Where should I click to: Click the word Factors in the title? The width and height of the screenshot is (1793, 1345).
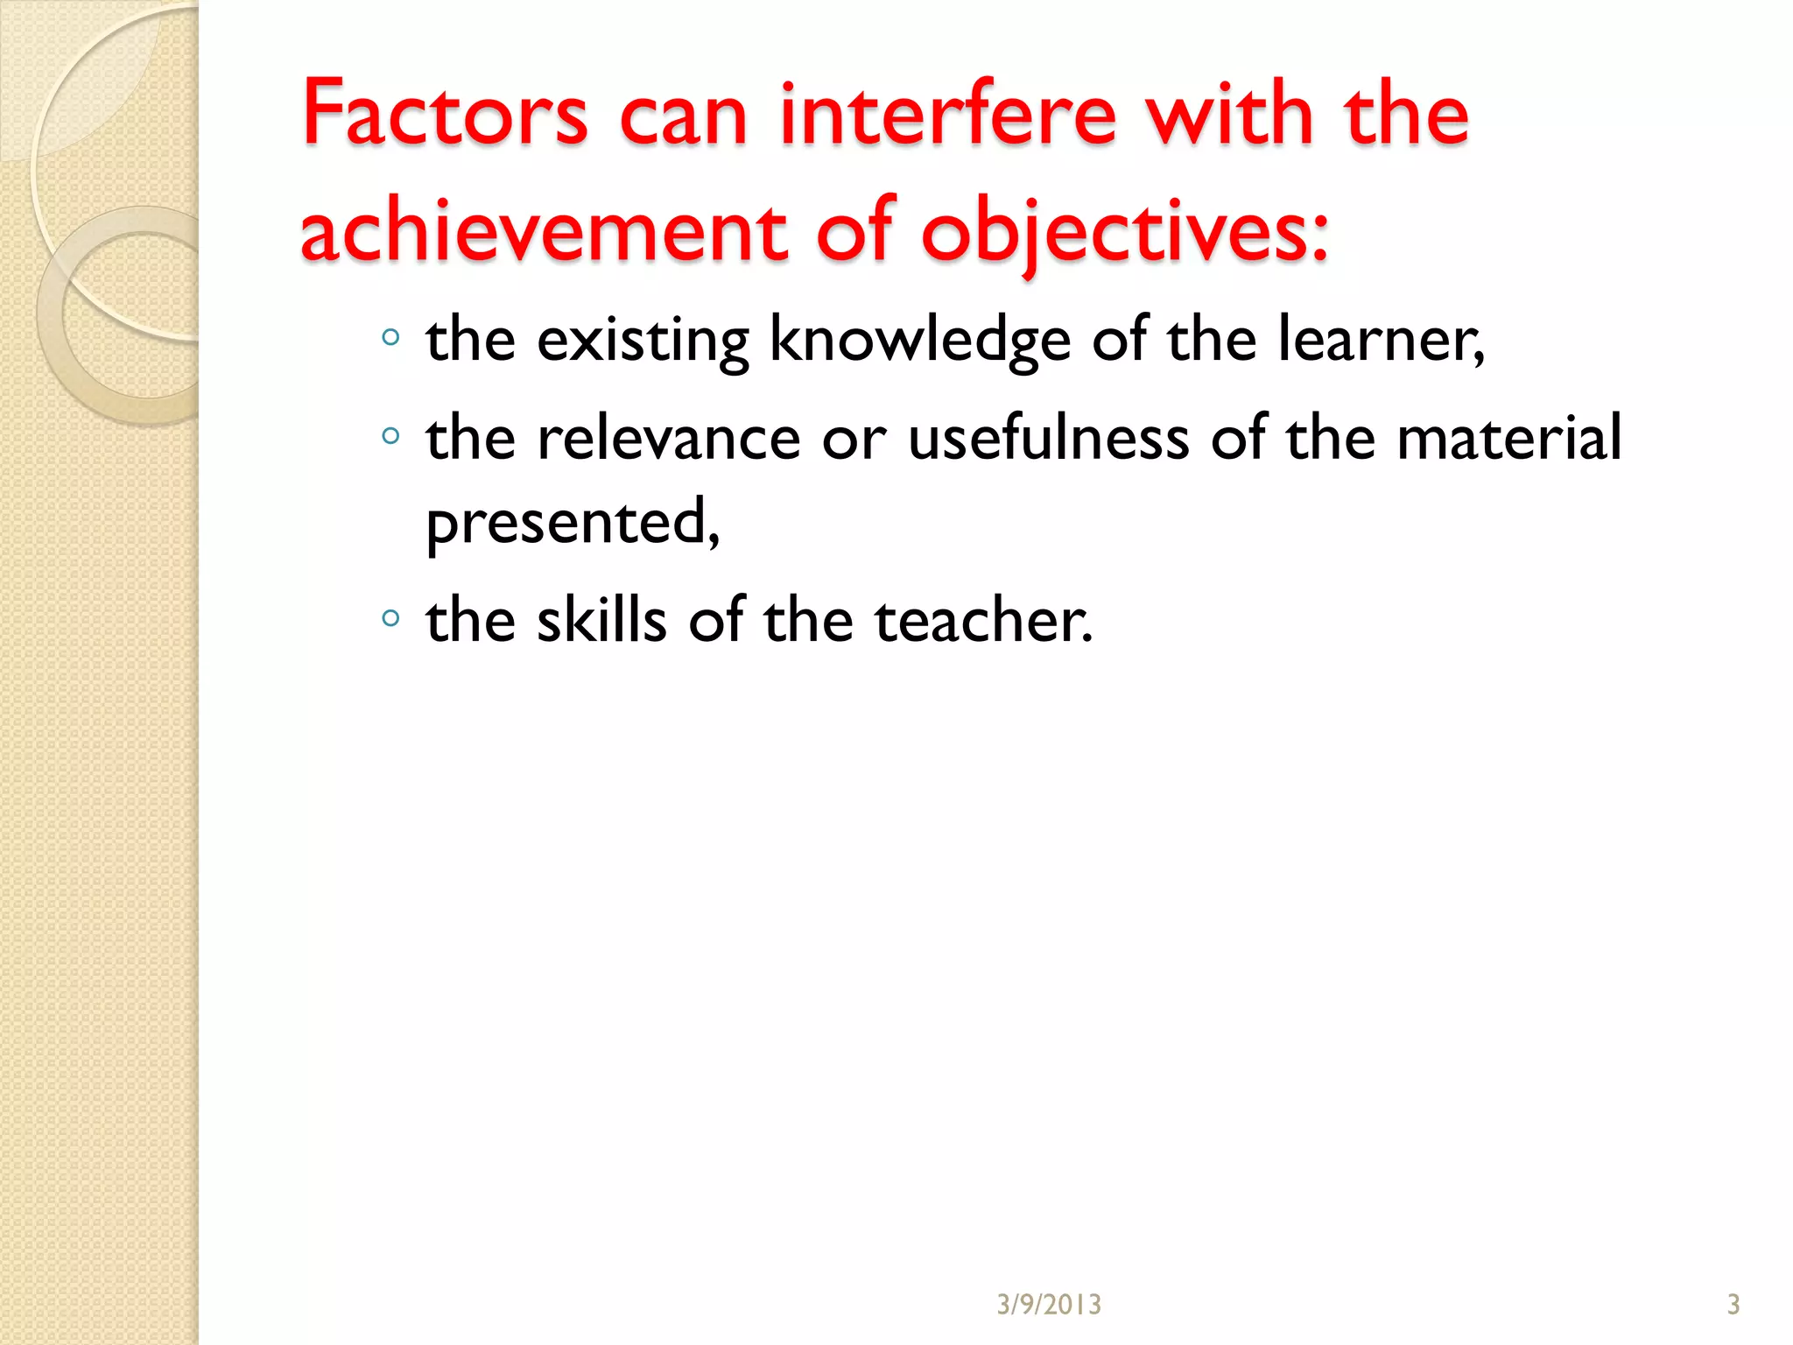(x=445, y=114)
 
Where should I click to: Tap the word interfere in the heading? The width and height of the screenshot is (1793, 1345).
(x=948, y=114)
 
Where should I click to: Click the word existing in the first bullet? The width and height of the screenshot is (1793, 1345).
(x=643, y=340)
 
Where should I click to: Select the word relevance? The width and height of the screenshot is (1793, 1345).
(x=669, y=438)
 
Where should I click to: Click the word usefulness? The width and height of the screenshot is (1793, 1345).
(x=1049, y=438)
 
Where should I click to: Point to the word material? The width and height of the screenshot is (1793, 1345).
(x=1509, y=438)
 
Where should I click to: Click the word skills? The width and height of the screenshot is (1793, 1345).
(x=601, y=620)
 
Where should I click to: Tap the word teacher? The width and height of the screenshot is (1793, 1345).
(x=983, y=620)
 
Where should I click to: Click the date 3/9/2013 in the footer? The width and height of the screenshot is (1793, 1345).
(x=1049, y=1305)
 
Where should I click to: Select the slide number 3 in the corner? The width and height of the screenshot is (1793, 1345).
(x=1733, y=1305)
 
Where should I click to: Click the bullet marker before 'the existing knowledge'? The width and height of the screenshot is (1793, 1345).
(x=390, y=337)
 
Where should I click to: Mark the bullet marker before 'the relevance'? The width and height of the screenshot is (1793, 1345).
(x=390, y=435)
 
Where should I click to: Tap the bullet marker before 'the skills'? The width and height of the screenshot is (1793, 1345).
(x=390, y=618)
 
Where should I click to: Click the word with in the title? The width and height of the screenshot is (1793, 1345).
(x=1231, y=114)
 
